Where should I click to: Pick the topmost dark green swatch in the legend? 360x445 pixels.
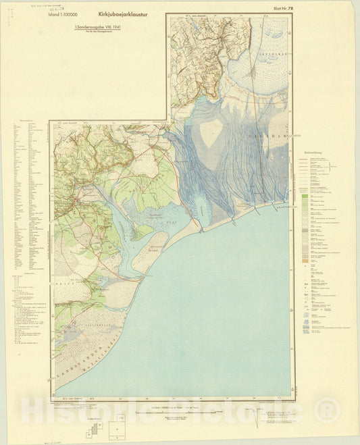tap(306, 194)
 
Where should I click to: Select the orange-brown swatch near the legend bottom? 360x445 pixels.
tap(306, 261)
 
